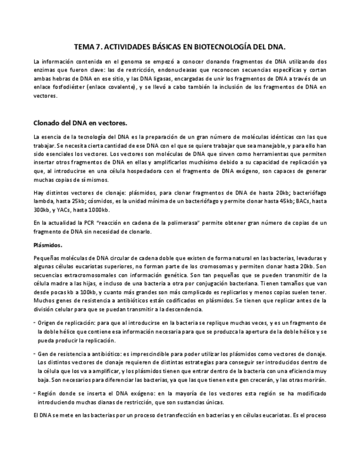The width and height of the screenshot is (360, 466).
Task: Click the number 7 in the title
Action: (x=100, y=48)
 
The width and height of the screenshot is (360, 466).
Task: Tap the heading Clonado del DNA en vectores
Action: (x=80, y=123)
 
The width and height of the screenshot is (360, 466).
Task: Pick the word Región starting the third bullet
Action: (x=49, y=394)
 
